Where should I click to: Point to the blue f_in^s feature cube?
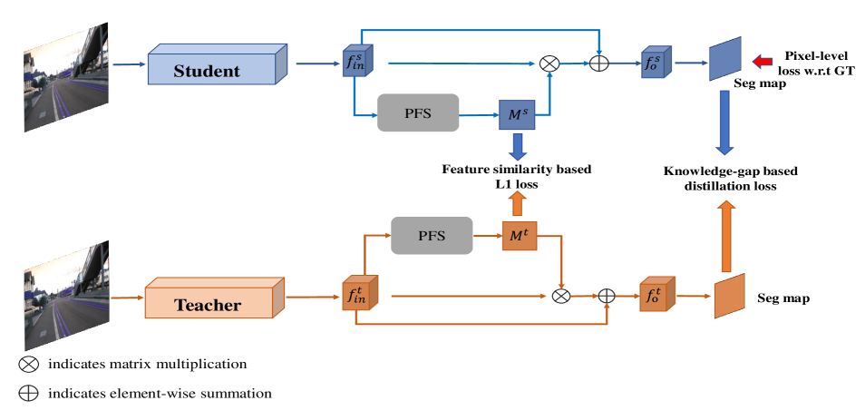click(354, 62)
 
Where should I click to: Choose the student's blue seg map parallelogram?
click(725, 59)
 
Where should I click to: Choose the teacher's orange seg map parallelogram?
click(729, 296)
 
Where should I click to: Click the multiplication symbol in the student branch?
click(549, 63)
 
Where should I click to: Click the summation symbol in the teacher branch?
click(607, 296)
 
